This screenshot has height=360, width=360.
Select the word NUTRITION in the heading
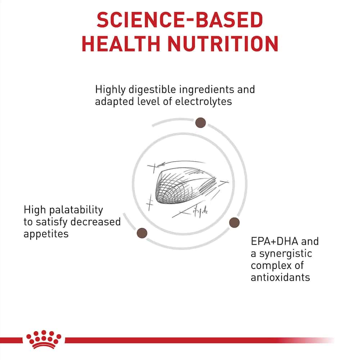pyautogui.click(x=223, y=44)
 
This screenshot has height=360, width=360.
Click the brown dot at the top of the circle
pyautogui.click(x=201, y=122)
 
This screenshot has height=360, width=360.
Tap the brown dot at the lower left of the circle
pyautogui.click(x=142, y=233)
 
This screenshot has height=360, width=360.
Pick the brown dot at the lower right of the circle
pyautogui.click(x=234, y=222)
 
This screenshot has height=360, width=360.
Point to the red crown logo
pyautogui.click(x=44, y=339)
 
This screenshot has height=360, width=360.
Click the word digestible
pyautogui.click(x=152, y=90)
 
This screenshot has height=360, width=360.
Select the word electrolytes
pyautogui.click(x=203, y=102)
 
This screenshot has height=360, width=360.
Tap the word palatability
pyautogui.click(x=76, y=210)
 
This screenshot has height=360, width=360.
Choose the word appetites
pyautogui.click(x=46, y=234)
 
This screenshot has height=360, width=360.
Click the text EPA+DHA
pyautogui.click(x=275, y=241)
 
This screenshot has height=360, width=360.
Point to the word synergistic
pyautogui.click(x=285, y=254)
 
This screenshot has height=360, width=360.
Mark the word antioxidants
pyautogui.click(x=280, y=277)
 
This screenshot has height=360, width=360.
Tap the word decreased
pyautogui.click(x=95, y=222)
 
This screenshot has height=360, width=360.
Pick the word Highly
pyautogui.click(x=111, y=90)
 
